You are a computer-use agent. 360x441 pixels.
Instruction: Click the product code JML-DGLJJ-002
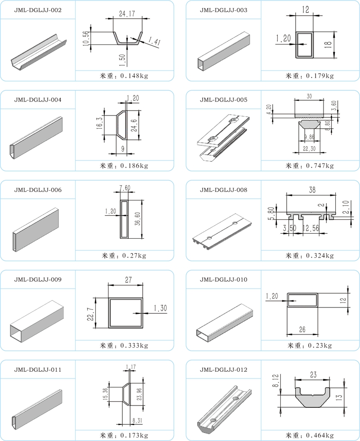point(38,10)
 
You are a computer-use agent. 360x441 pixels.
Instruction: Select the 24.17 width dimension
point(127,13)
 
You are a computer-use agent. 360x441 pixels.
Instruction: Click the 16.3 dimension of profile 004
point(100,124)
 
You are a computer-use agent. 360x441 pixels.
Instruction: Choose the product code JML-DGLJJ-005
point(224,100)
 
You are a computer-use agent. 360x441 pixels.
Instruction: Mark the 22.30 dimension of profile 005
point(309,148)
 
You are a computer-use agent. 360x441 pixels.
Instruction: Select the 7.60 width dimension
point(125,187)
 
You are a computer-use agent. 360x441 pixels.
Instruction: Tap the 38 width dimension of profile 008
point(312,190)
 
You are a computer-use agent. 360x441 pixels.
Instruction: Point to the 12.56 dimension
point(311,228)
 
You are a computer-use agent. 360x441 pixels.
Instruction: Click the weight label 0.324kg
point(320,256)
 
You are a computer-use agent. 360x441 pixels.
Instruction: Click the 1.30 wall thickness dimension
point(160,308)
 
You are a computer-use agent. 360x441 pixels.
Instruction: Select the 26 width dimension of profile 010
point(302,330)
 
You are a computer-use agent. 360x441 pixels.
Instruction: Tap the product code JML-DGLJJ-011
point(38,370)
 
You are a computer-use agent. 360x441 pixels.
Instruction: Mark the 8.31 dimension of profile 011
point(137,421)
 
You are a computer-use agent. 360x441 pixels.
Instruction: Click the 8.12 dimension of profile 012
point(275,380)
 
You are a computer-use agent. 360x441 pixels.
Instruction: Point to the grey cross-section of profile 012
point(312,397)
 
